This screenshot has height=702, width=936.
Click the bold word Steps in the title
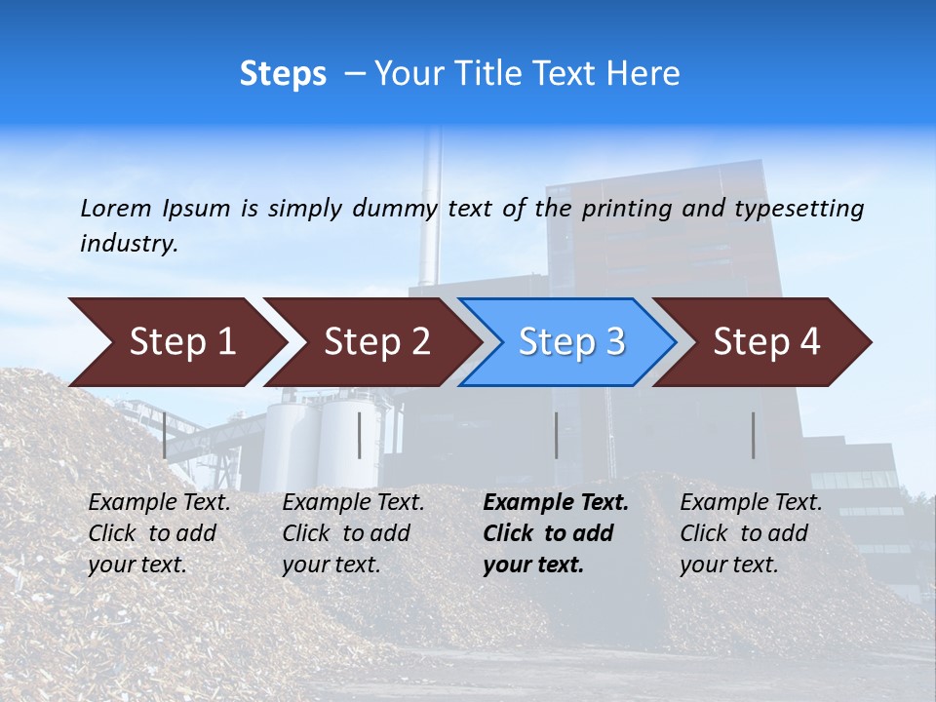point(283,74)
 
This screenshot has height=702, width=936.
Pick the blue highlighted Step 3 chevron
point(570,342)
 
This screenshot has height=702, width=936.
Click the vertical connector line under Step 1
point(165,435)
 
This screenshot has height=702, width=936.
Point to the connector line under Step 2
point(360,435)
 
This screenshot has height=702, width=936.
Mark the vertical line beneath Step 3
point(556,435)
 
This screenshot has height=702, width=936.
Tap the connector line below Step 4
point(753,435)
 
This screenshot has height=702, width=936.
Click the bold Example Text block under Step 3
point(556,533)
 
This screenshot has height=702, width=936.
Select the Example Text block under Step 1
point(159,533)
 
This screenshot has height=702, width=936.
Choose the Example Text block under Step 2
point(353,533)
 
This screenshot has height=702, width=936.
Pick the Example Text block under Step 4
point(751,533)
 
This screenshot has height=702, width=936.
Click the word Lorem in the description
point(116,209)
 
